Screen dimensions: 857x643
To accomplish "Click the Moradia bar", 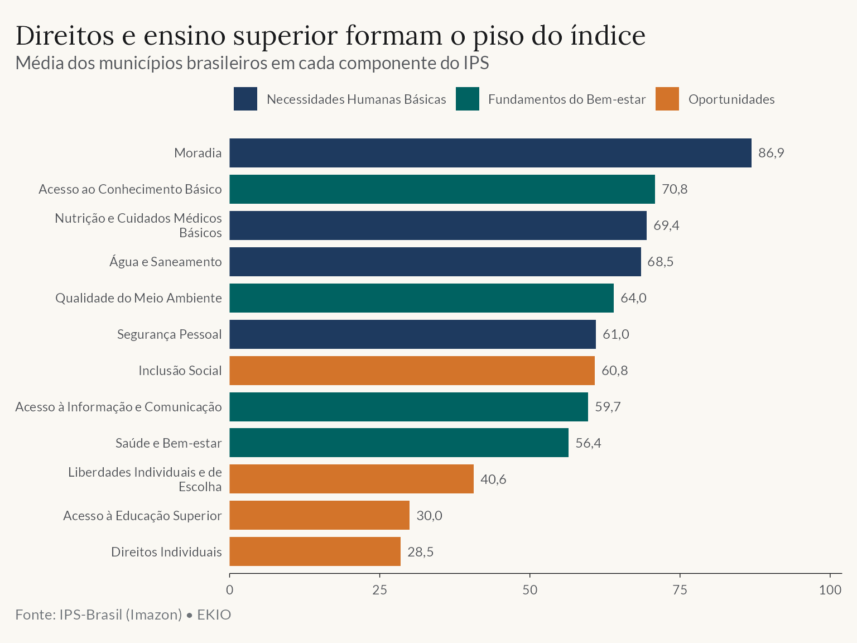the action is pyautogui.click(x=490, y=152).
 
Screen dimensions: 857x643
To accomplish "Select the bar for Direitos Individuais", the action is pyautogui.click(x=315, y=551).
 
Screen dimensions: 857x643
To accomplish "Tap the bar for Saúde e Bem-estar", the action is pyautogui.click(x=399, y=442).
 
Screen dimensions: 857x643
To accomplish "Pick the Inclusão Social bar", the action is pyautogui.click(x=412, y=370).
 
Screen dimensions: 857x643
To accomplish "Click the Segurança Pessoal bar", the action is pyautogui.click(x=413, y=334).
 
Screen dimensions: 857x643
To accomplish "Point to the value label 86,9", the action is pyautogui.click(x=771, y=152).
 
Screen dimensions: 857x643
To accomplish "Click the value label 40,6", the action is pyautogui.click(x=493, y=479).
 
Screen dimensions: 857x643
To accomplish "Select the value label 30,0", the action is pyautogui.click(x=430, y=515).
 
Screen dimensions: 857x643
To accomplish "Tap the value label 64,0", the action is pyautogui.click(x=633, y=298).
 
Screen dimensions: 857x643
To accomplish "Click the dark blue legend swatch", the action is pyautogui.click(x=245, y=99).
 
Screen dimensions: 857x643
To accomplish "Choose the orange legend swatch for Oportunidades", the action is pyautogui.click(x=667, y=99).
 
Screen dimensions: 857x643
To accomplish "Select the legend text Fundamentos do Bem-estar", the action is pyautogui.click(x=567, y=99).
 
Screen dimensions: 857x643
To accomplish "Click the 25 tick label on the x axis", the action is pyautogui.click(x=379, y=589).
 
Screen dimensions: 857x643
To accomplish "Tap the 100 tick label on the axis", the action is pyautogui.click(x=830, y=589).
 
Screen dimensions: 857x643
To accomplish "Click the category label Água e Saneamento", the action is pyautogui.click(x=166, y=262).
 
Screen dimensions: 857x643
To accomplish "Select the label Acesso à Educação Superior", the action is pyautogui.click(x=142, y=515).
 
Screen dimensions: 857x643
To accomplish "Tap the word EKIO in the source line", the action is pyautogui.click(x=214, y=615).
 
